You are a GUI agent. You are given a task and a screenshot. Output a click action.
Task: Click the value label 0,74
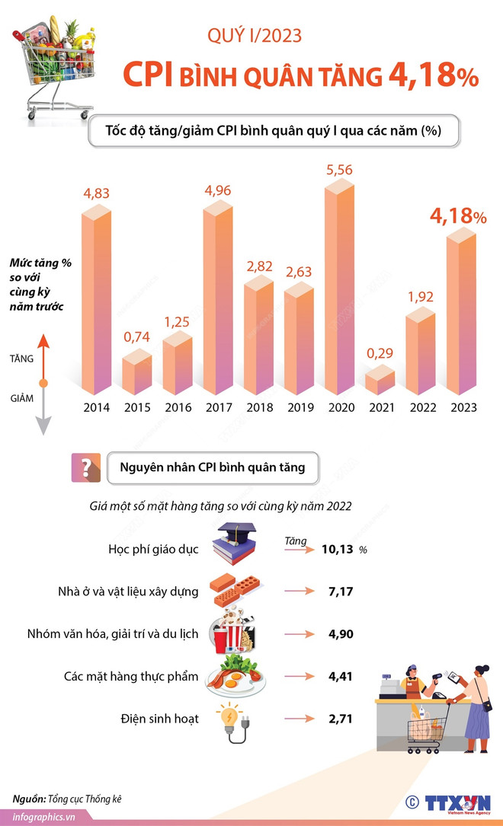tap(137, 336)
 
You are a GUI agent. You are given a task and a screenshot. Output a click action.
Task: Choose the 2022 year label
tap(421, 407)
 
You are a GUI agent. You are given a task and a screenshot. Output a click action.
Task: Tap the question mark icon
tap(85, 467)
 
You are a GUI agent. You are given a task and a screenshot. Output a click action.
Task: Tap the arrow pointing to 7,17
tap(300, 591)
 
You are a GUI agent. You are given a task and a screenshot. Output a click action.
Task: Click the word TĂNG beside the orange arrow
tap(22, 357)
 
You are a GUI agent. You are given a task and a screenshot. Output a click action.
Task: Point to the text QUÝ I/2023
tap(255, 34)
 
